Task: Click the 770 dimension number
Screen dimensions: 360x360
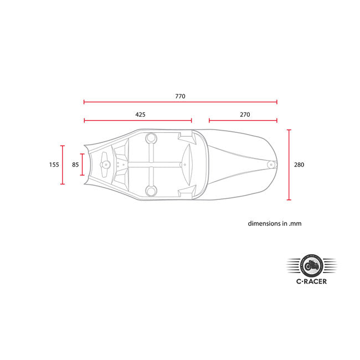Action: pyautogui.click(x=180, y=96)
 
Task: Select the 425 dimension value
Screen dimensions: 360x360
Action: pyautogui.click(x=140, y=115)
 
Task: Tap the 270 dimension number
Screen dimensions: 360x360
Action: pyautogui.click(x=245, y=115)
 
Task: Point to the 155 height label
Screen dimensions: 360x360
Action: pyautogui.click(x=54, y=164)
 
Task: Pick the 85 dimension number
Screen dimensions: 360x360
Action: pyautogui.click(x=75, y=164)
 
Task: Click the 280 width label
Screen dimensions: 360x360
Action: pyautogui.click(x=299, y=164)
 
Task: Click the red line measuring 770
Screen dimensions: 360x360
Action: pyautogui.click(x=181, y=102)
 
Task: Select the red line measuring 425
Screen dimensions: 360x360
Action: pyautogui.click(x=138, y=120)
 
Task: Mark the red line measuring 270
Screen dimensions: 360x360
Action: pyautogui.click(x=243, y=120)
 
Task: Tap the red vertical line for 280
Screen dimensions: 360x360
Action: pyautogui.click(x=289, y=165)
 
